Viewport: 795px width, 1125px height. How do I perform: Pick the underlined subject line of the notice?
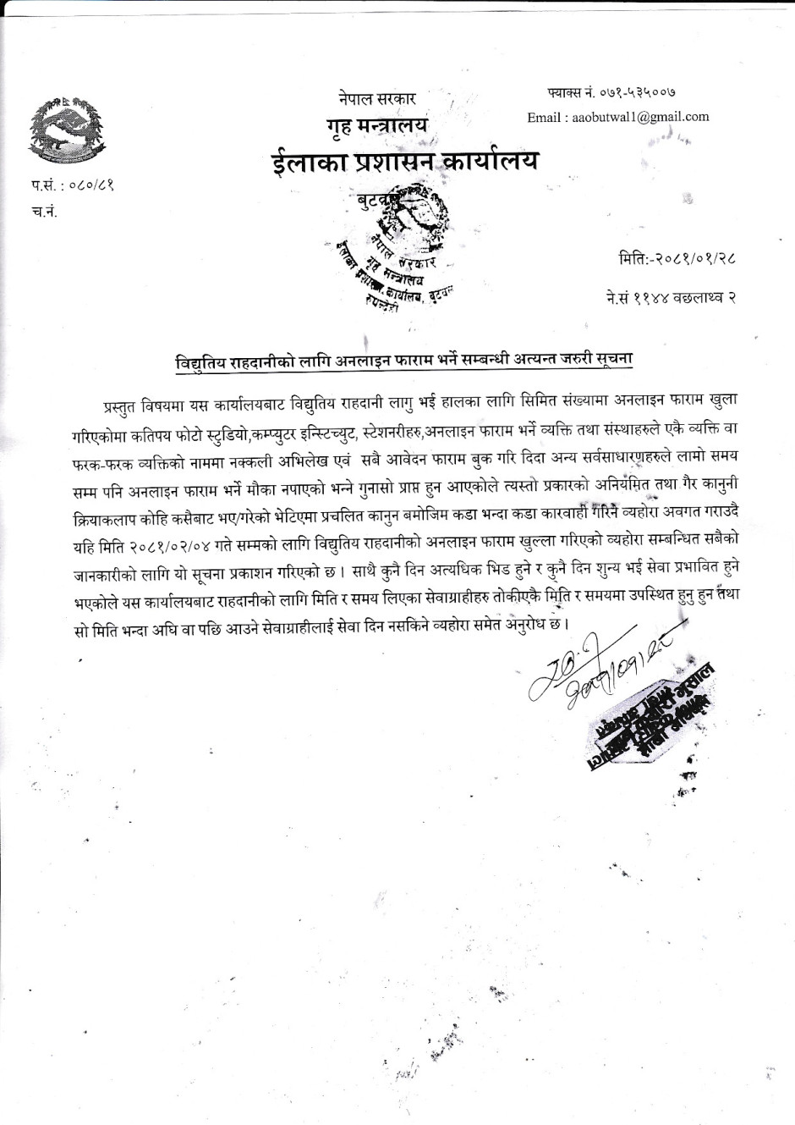tap(404, 360)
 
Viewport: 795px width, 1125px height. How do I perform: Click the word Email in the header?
tap(543, 117)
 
